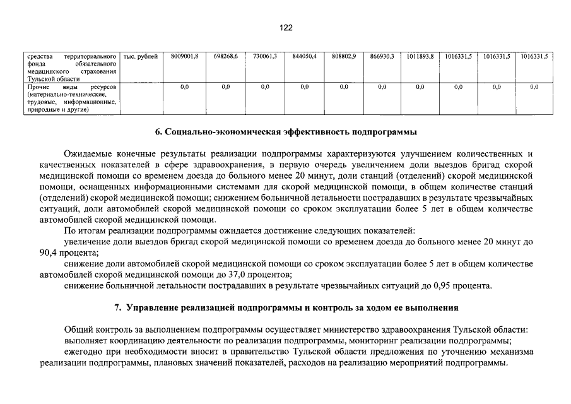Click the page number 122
pos(285,28)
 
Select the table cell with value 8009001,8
pos(184,57)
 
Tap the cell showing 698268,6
pos(225,57)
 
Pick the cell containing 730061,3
pos(265,57)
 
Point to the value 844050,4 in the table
pos(304,57)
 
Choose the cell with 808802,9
pos(343,57)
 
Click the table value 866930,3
pos(382,57)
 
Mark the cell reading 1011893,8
pos(420,57)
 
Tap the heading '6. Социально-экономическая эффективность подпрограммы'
pos(286,133)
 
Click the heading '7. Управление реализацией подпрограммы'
pos(286,308)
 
